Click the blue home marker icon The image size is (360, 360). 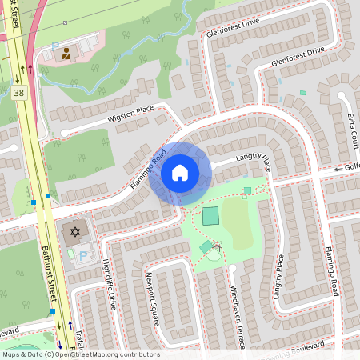180,173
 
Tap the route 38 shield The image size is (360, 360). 18,94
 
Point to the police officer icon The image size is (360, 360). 67,54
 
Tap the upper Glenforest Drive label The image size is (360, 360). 233,30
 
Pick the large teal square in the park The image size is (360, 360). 210,216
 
